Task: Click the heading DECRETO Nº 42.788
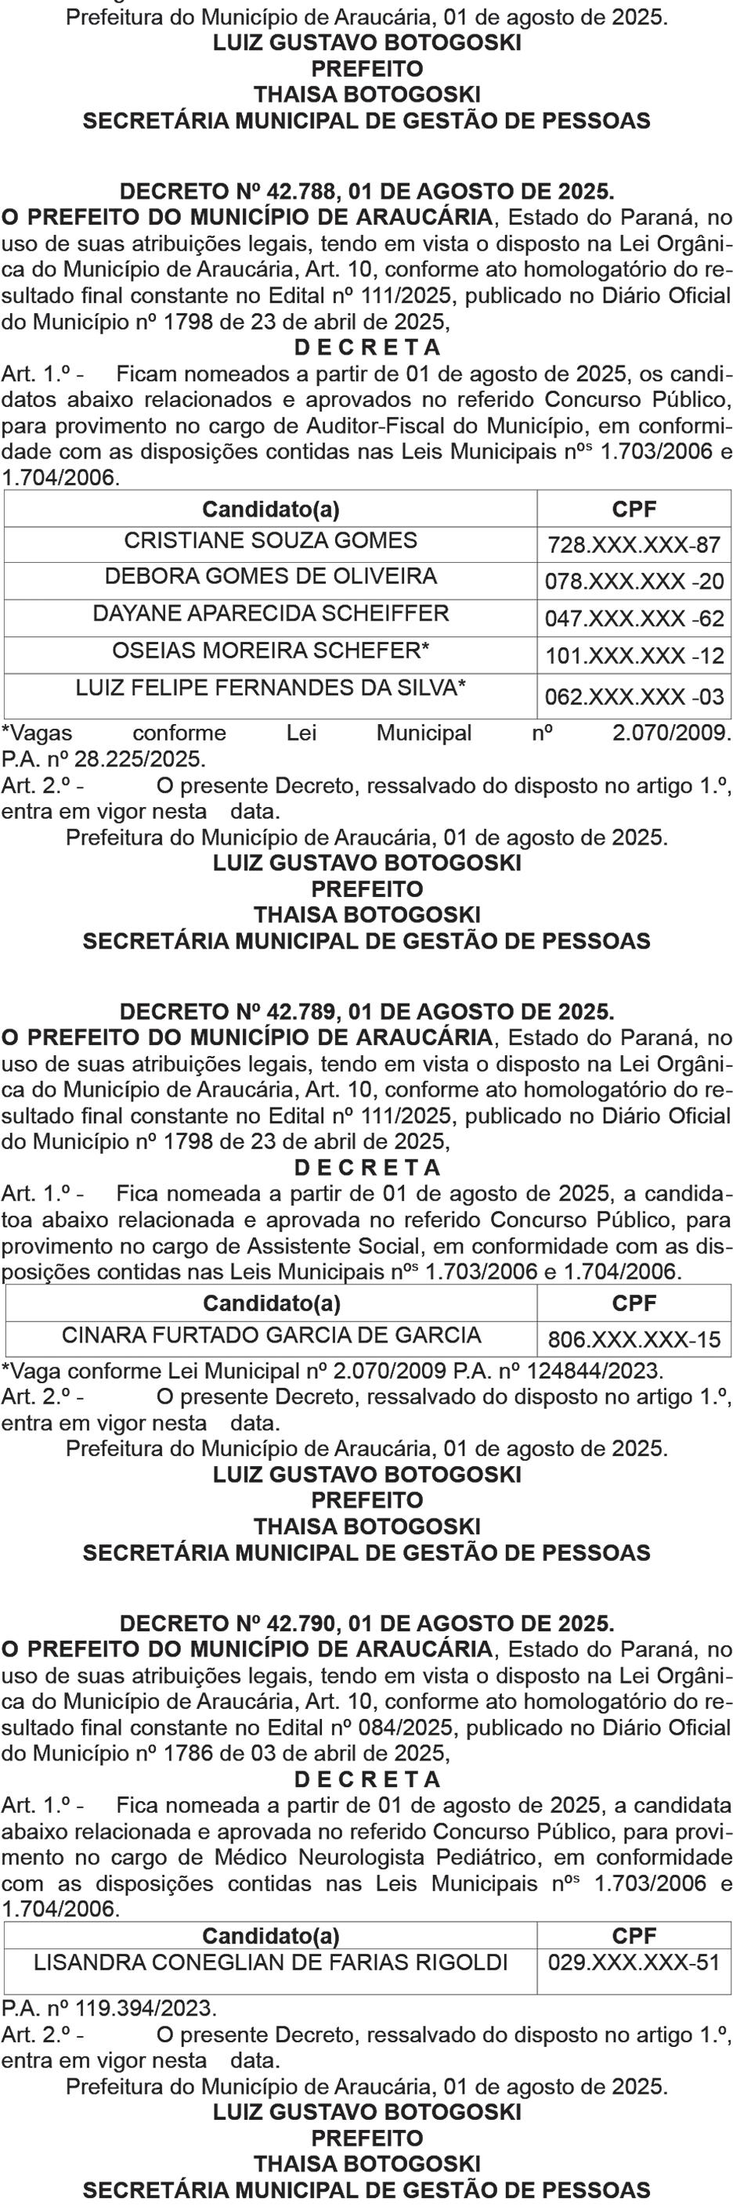(x=366, y=191)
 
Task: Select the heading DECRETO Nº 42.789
(x=366, y=1012)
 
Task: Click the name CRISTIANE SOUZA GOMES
(x=271, y=541)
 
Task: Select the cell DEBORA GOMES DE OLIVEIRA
(x=271, y=576)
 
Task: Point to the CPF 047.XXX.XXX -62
(x=634, y=618)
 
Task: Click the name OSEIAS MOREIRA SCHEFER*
(x=271, y=650)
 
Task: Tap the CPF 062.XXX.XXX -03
(x=634, y=697)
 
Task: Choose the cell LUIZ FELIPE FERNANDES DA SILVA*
(x=271, y=688)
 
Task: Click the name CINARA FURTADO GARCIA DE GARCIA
(x=271, y=1335)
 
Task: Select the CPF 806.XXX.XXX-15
(x=634, y=1339)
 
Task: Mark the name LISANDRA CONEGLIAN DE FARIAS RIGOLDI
(x=271, y=1962)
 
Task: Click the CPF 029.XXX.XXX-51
(x=634, y=1962)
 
